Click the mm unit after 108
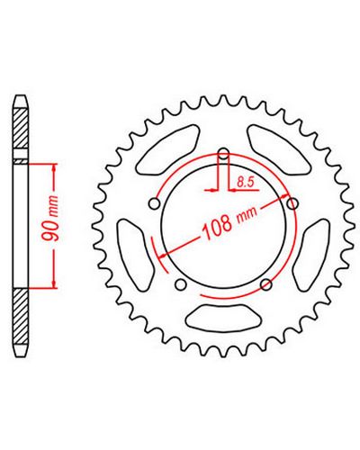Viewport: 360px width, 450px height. [247, 214]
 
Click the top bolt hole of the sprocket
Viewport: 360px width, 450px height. [223, 155]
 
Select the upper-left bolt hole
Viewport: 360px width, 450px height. [154, 204]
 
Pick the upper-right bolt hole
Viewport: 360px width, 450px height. [292, 204]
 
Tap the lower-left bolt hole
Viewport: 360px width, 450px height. [181, 284]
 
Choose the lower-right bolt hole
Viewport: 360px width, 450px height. [266, 284]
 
